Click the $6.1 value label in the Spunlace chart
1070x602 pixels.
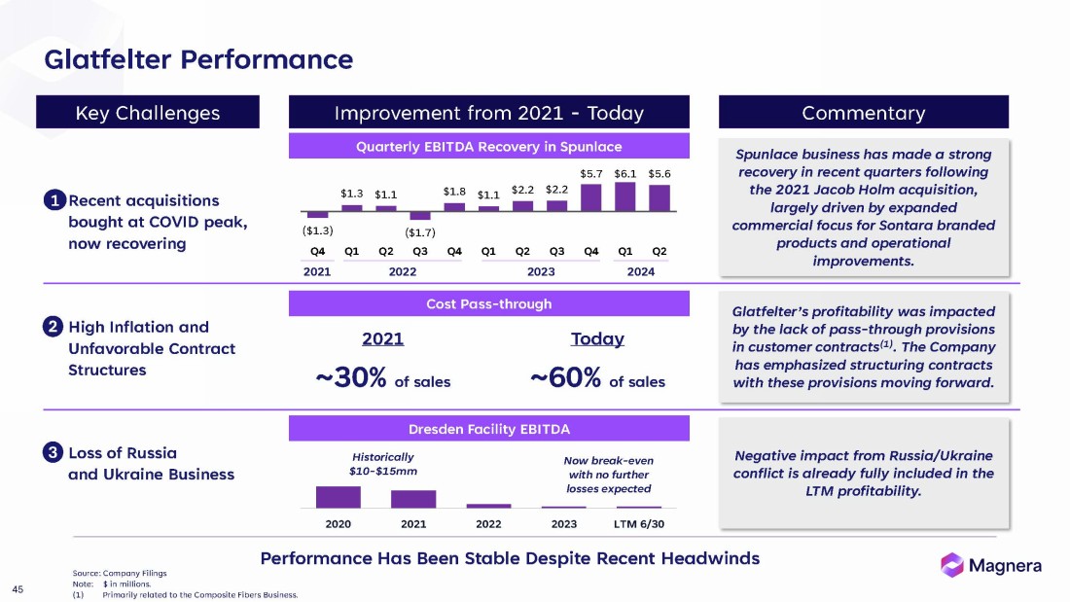[625, 173]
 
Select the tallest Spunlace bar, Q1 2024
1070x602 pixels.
[625, 196]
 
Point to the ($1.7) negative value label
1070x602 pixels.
[420, 232]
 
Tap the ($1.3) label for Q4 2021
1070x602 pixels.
[317, 230]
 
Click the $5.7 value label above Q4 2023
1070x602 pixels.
[591, 173]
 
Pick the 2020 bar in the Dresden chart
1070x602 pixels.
[338, 496]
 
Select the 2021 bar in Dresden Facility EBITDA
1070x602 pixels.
[413, 498]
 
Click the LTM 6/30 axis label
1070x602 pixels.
[638, 524]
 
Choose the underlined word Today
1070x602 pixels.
[597, 339]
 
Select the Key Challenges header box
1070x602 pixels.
[148, 113]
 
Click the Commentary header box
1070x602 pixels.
[863, 113]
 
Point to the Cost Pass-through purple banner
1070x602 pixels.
[488, 304]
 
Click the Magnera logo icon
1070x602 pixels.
[952, 564]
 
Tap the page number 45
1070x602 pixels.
[18, 587]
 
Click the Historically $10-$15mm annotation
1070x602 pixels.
[382, 464]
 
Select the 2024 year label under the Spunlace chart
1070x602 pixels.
[640, 271]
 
